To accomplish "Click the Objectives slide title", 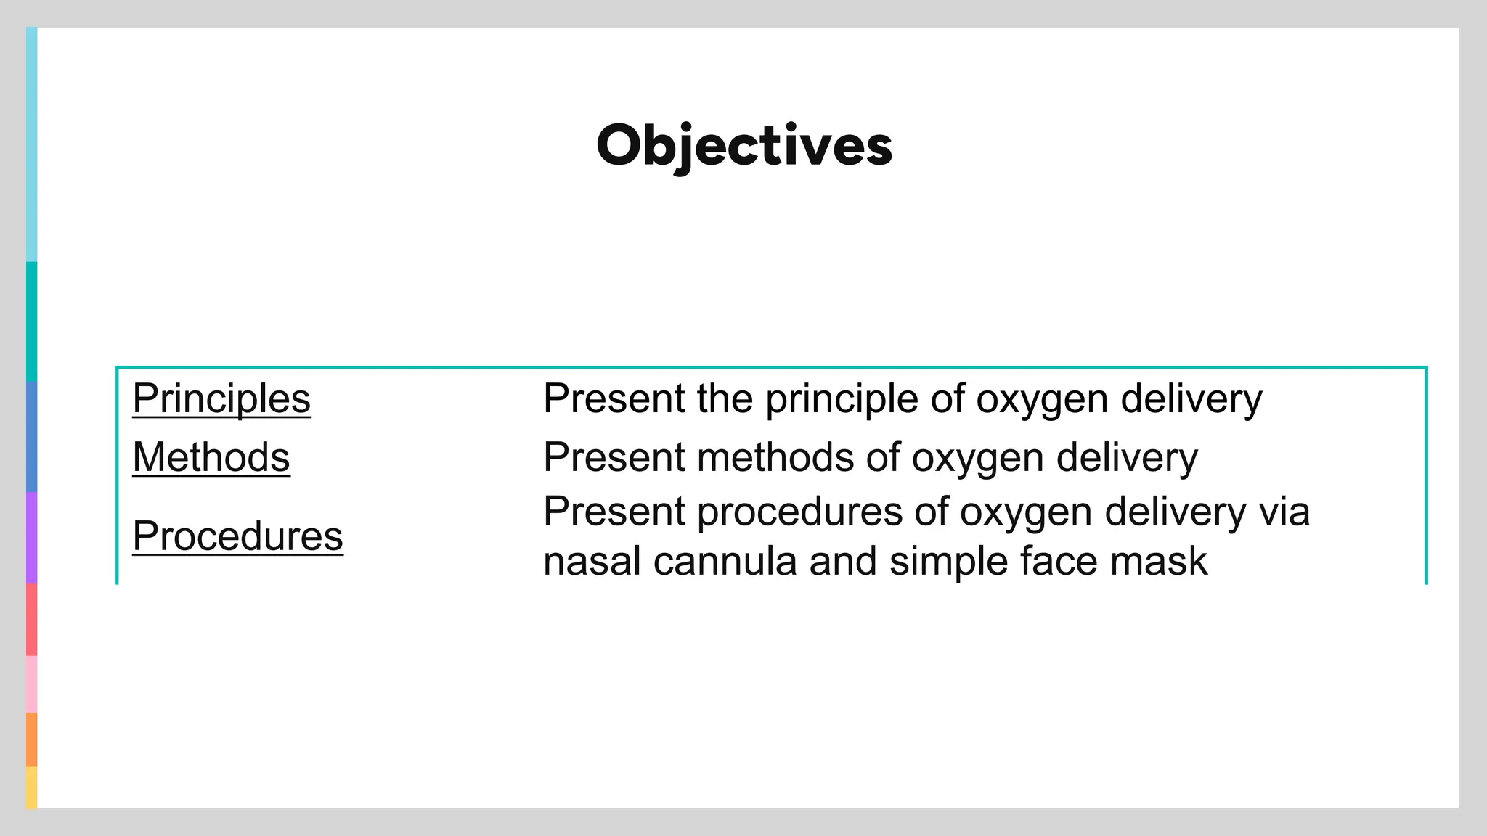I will [x=743, y=145].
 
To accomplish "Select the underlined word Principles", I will [x=221, y=398].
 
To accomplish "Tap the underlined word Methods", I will [x=211, y=457].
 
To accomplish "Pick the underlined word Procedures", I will [x=237, y=536].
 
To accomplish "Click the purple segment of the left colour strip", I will [x=31, y=538].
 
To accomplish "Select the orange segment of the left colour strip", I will [x=31, y=739].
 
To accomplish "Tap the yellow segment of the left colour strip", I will [x=31, y=787].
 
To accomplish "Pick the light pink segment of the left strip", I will [x=31, y=684].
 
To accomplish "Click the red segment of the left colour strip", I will [x=31, y=620].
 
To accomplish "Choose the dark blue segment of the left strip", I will [x=31, y=437].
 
